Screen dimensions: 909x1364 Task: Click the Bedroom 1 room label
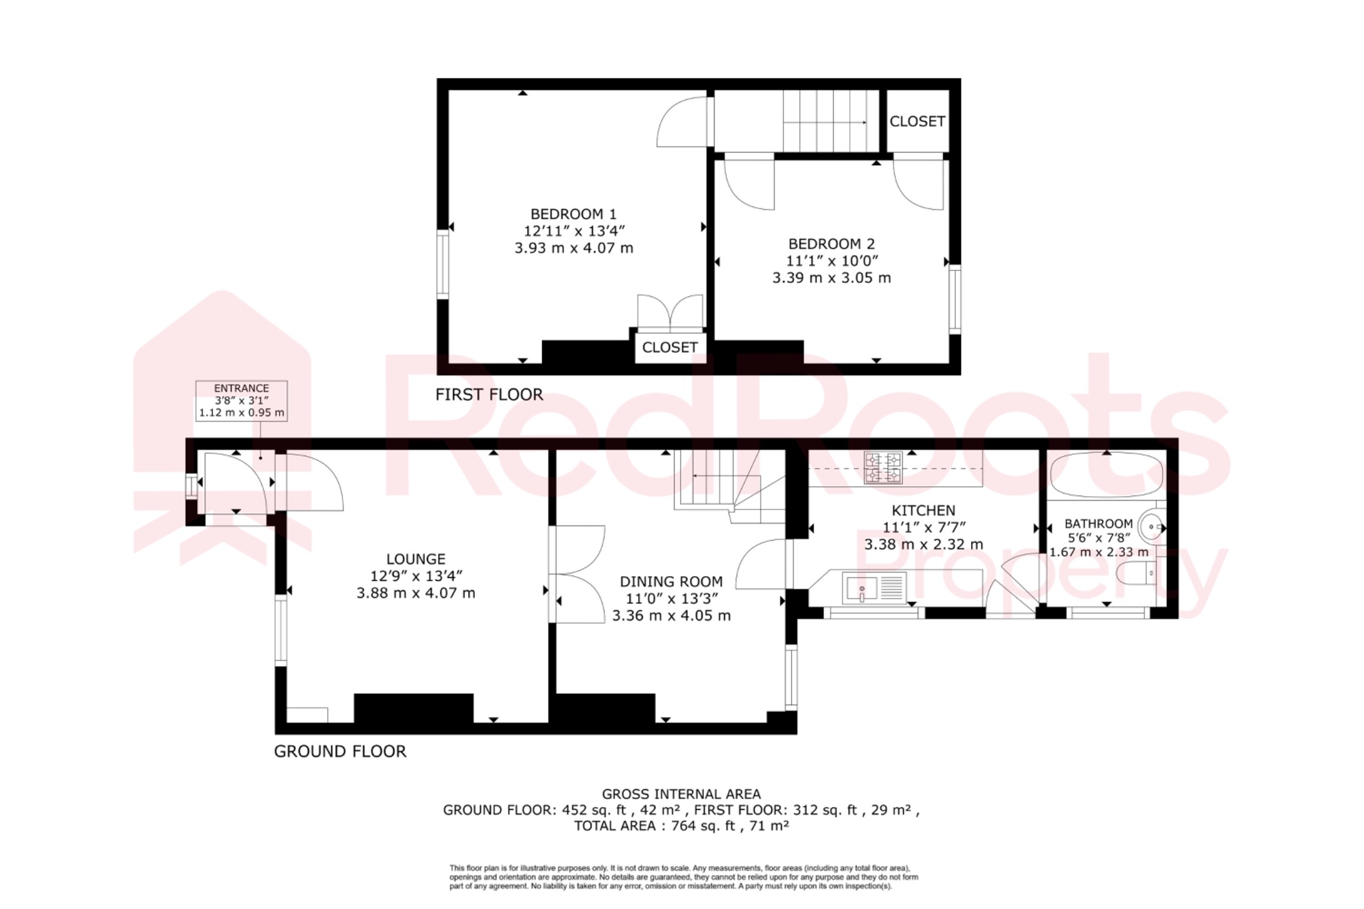(x=573, y=214)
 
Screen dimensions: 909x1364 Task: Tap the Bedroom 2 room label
(x=831, y=244)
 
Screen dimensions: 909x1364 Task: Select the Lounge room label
(x=416, y=559)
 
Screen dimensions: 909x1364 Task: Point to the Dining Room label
(x=671, y=581)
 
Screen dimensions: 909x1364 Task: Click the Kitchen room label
(x=923, y=511)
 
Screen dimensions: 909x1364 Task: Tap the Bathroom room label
(x=1098, y=524)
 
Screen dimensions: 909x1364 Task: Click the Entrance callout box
(x=242, y=400)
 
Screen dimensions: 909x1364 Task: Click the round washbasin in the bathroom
(x=1152, y=527)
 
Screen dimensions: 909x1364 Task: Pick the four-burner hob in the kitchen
(x=883, y=467)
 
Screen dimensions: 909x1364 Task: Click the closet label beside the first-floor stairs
(x=917, y=121)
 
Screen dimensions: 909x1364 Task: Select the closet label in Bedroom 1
(x=669, y=348)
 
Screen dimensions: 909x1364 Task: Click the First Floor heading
(x=489, y=395)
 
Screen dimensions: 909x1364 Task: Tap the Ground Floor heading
(x=340, y=752)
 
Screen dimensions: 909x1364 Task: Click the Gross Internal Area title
(x=681, y=794)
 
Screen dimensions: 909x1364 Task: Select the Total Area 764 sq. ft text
(x=681, y=826)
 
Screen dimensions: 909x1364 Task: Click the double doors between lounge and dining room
(x=577, y=574)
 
